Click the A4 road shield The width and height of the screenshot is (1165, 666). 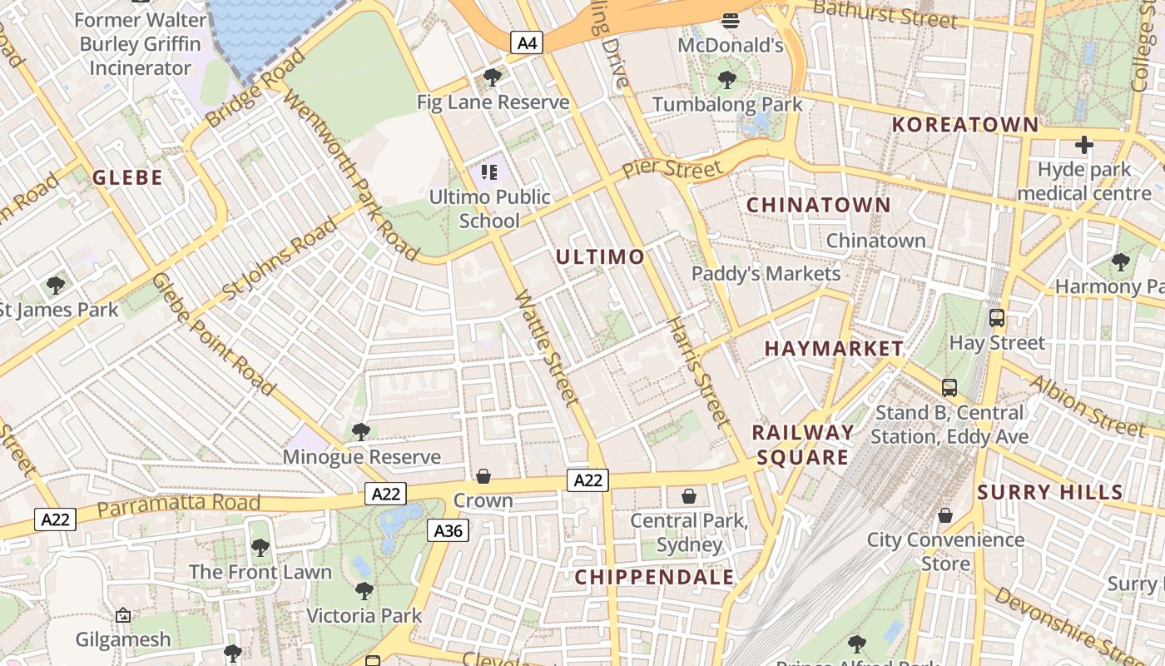pyautogui.click(x=527, y=42)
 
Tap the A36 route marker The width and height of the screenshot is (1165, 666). pyautogui.click(x=448, y=530)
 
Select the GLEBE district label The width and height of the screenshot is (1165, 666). pyautogui.click(x=127, y=177)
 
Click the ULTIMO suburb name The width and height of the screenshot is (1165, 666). pyautogui.click(x=600, y=256)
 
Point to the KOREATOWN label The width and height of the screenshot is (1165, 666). pyautogui.click(x=965, y=125)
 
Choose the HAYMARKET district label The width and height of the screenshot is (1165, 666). pyautogui.click(x=834, y=348)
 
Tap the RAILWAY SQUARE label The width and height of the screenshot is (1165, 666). pyautogui.click(x=803, y=445)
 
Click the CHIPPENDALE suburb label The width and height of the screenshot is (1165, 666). pyautogui.click(x=655, y=577)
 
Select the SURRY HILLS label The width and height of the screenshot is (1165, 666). pyautogui.click(x=1050, y=492)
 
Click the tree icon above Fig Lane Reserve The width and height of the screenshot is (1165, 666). pyautogui.click(x=493, y=78)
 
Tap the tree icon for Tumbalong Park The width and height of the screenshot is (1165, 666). pyautogui.click(x=727, y=80)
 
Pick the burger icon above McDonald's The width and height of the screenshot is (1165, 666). pyautogui.click(x=731, y=20)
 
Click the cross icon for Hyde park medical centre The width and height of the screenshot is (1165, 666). pyautogui.click(x=1083, y=146)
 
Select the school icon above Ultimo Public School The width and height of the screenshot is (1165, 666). pyautogui.click(x=489, y=172)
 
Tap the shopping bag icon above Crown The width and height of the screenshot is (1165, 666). pyautogui.click(x=483, y=476)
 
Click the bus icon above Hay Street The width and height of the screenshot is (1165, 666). pyautogui.click(x=997, y=317)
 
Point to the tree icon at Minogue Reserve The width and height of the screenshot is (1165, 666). pyautogui.click(x=361, y=432)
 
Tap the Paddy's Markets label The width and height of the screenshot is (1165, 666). pyautogui.click(x=766, y=273)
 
